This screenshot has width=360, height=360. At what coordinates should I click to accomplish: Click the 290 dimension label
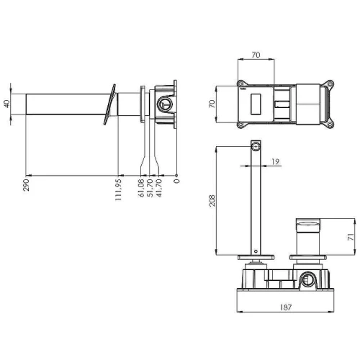(26, 185)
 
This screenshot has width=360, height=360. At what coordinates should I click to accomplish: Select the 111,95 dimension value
(118, 189)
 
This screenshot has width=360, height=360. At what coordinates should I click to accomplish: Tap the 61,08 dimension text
(141, 188)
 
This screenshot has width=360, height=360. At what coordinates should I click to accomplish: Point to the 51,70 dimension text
(150, 188)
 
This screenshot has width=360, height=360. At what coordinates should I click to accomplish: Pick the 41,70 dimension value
(159, 188)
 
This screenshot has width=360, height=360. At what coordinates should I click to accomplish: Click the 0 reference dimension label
(176, 181)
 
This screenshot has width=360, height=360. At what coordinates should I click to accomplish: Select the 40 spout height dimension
(6, 104)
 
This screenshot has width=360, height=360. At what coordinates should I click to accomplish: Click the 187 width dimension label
(286, 307)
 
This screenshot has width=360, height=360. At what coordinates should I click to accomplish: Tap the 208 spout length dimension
(212, 201)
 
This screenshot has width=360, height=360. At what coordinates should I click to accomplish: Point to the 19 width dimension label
(275, 161)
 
